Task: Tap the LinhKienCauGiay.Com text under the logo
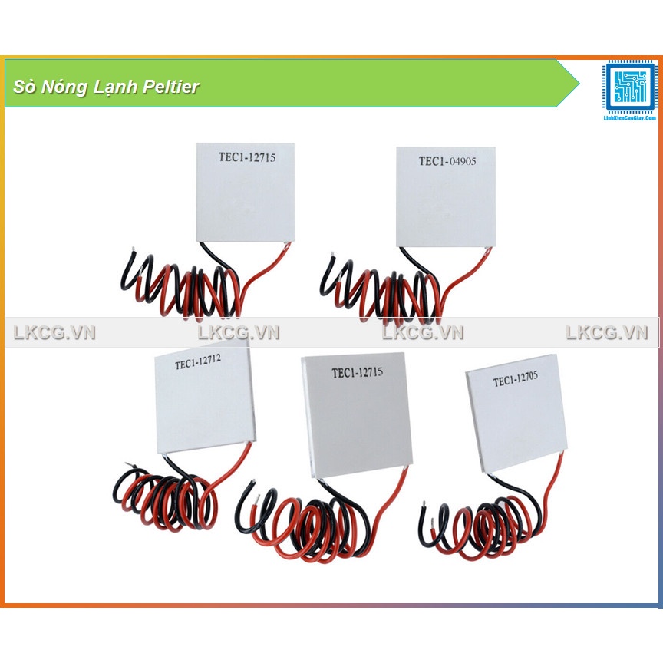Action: pos(630,117)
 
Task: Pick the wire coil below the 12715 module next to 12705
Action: pos(315,526)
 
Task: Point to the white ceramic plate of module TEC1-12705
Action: pos(518,418)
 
